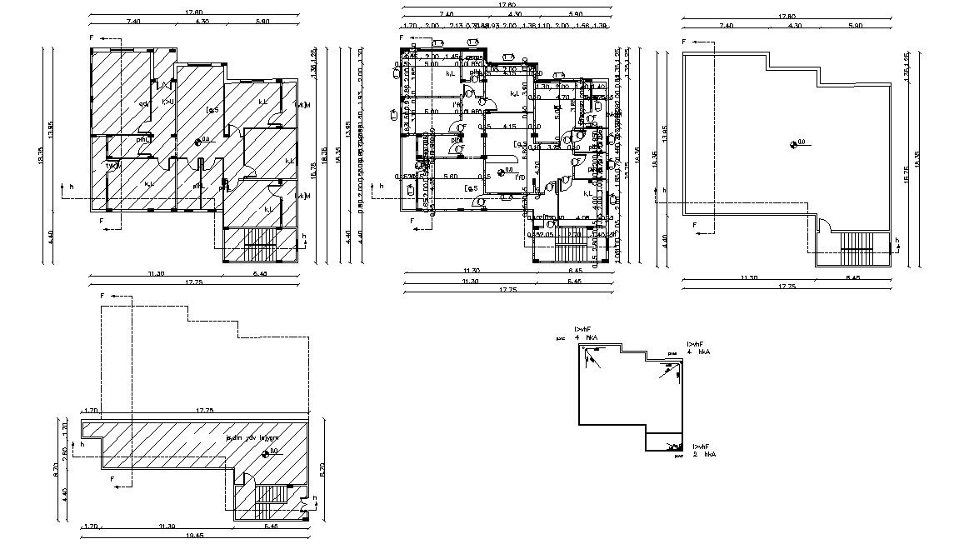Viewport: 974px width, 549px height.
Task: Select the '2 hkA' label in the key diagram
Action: click(x=705, y=454)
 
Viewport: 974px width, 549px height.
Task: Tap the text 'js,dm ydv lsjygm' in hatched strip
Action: click(x=252, y=437)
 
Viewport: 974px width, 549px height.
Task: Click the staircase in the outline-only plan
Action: click(x=857, y=243)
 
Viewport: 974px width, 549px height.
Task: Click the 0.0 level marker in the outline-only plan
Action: click(x=797, y=143)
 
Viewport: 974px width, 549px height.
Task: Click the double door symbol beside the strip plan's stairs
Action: click(x=307, y=503)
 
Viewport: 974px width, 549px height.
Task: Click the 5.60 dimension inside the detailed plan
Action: click(x=451, y=177)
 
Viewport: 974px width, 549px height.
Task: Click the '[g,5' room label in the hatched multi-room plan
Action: click(x=212, y=109)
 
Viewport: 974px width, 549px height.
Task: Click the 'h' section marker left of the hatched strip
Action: click(x=82, y=444)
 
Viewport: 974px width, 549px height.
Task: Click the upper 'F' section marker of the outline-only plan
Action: click(x=684, y=41)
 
